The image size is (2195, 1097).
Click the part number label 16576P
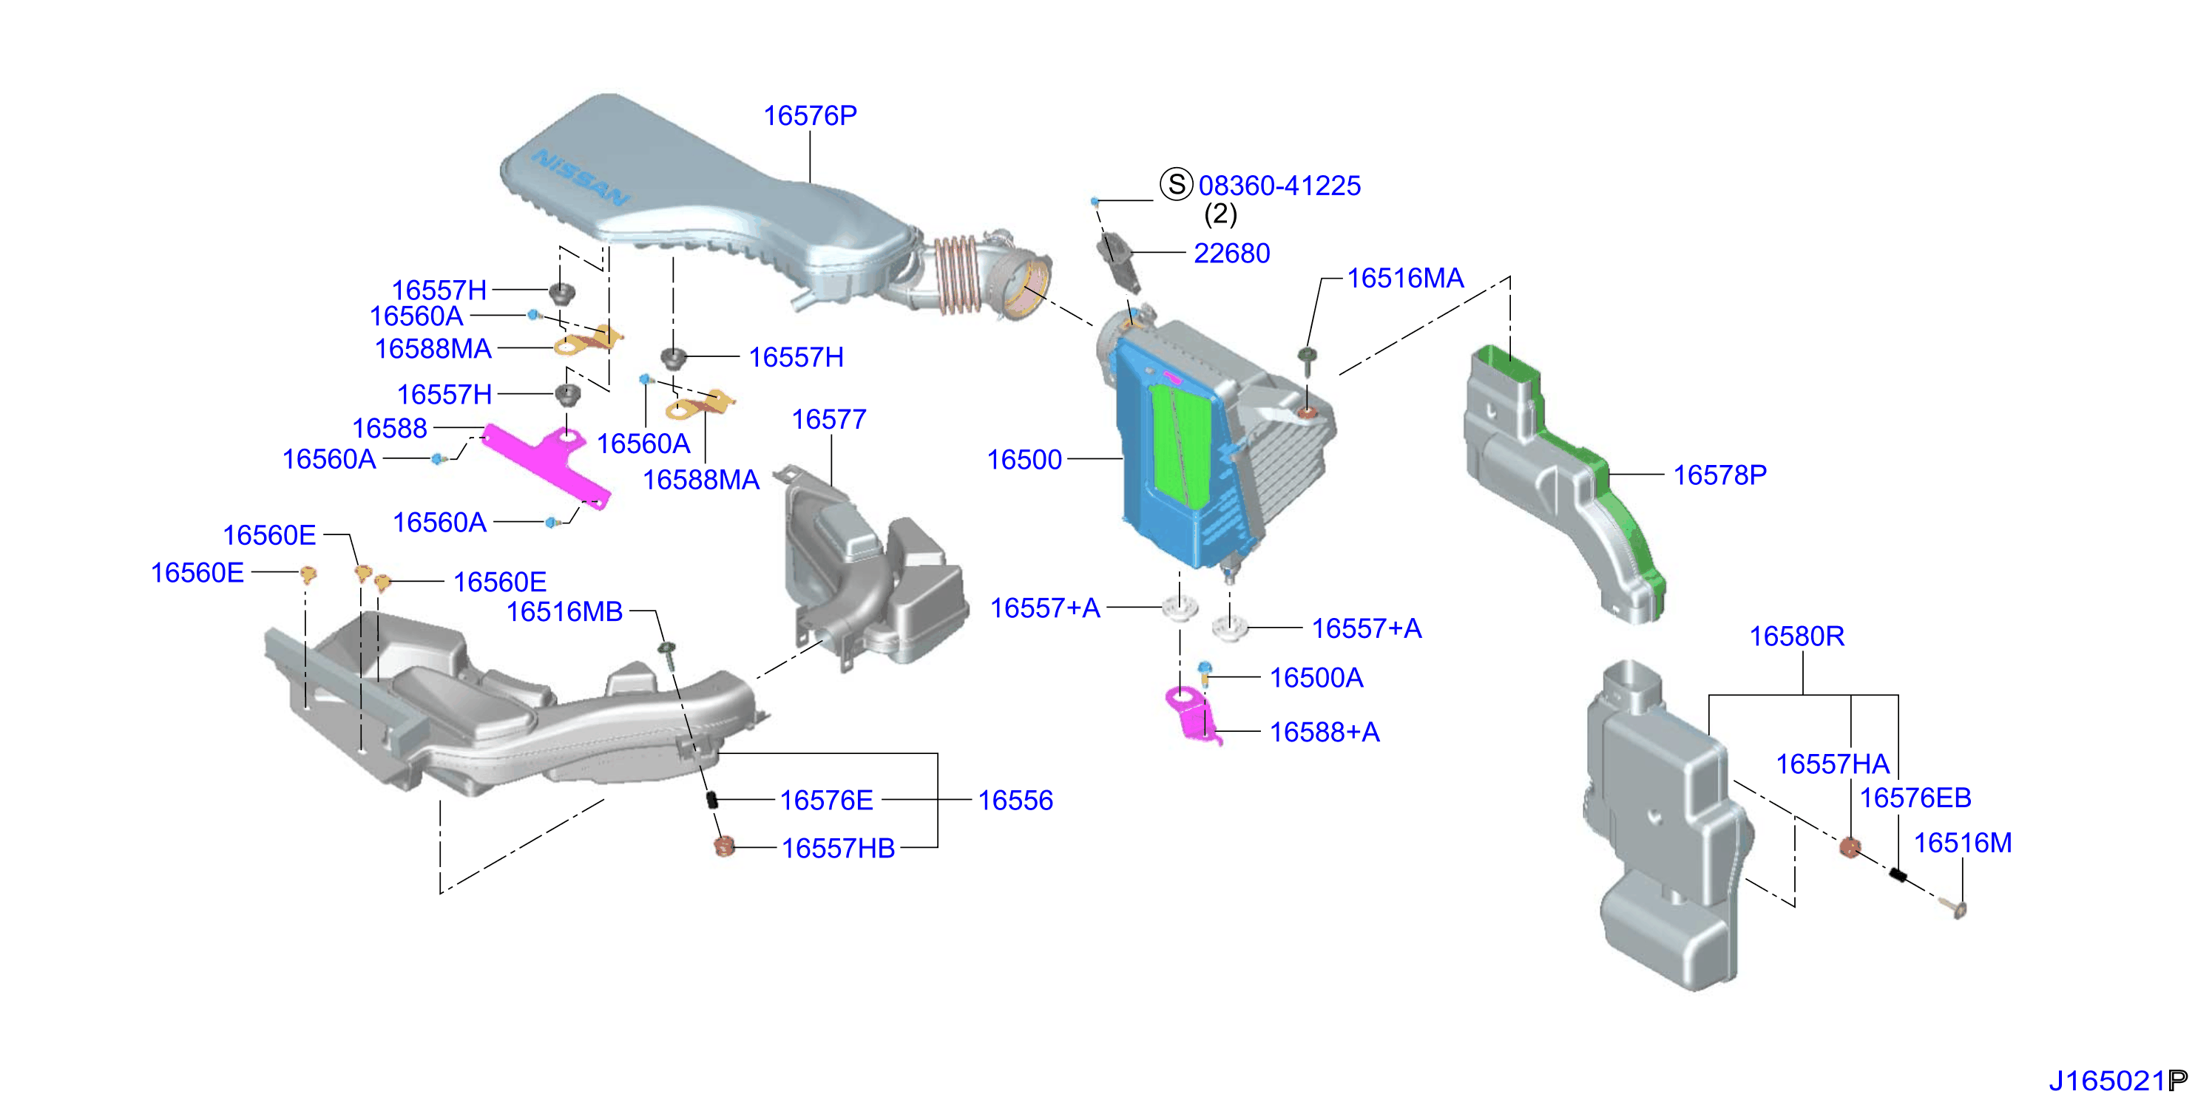point(810,115)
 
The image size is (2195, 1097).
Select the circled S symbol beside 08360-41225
point(1176,184)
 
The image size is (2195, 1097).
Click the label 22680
point(1231,253)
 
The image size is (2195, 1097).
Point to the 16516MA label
point(1405,278)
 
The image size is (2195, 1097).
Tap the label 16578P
point(1719,475)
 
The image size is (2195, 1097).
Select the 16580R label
point(1796,636)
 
